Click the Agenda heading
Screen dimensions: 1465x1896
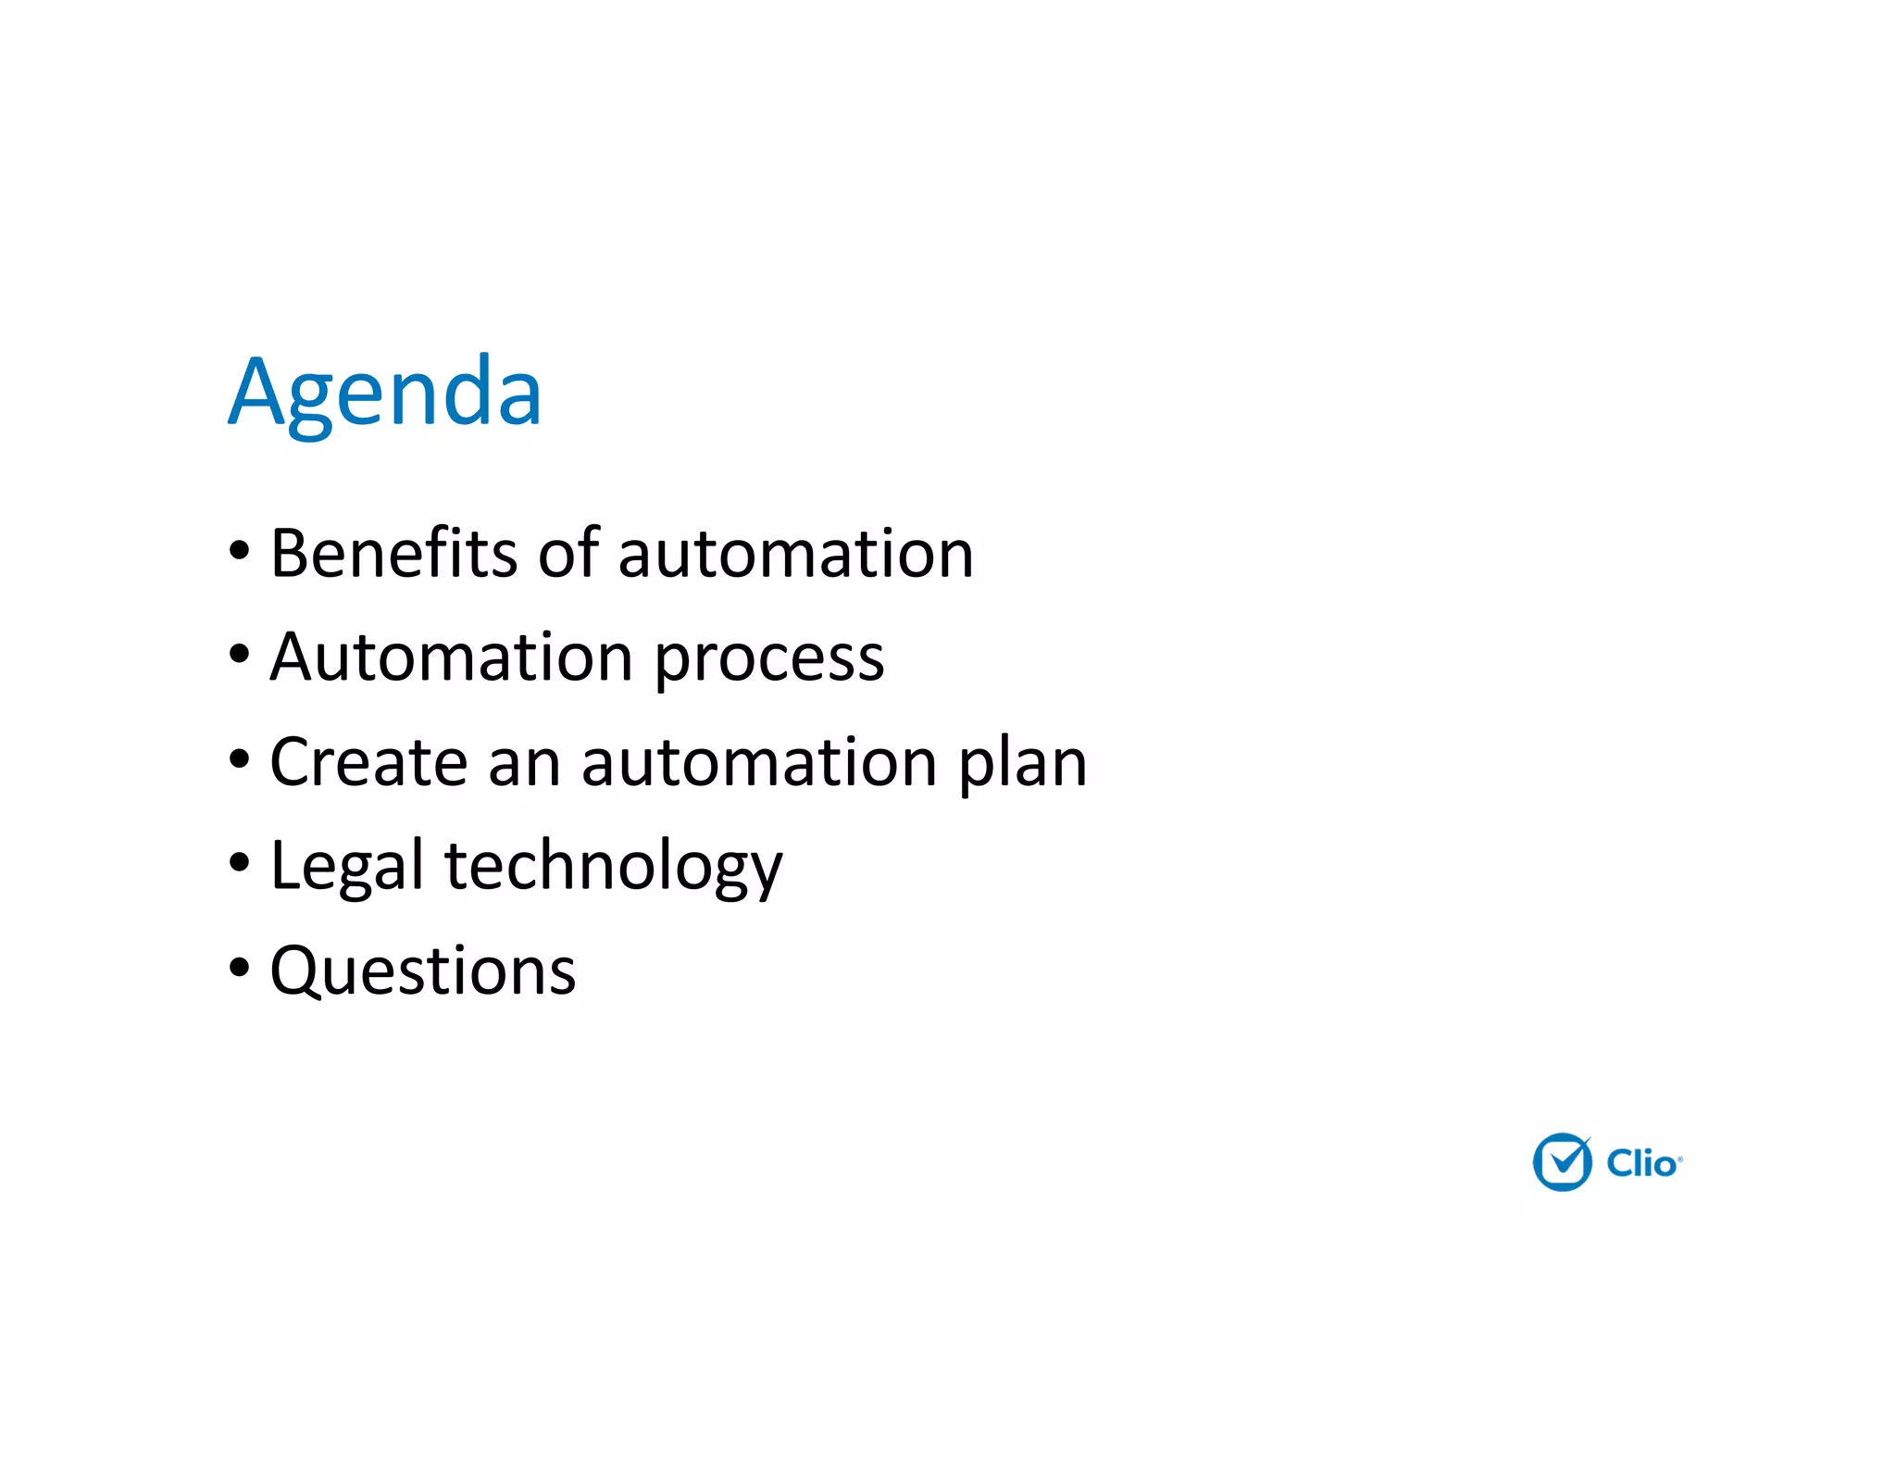(x=385, y=393)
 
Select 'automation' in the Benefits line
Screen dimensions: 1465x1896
(x=795, y=554)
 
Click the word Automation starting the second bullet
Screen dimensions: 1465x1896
(x=452, y=657)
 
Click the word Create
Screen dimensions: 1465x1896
(x=368, y=762)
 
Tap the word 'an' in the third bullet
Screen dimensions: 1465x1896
(x=524, y=765)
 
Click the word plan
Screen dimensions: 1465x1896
(x=1022, y=765)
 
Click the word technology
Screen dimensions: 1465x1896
(x=614, y=869)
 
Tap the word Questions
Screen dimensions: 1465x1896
(x=423, y=971)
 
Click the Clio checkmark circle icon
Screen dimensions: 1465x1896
(x=1562, y=1162)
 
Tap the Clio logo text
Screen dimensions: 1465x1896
(x=1642, y=1164)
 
